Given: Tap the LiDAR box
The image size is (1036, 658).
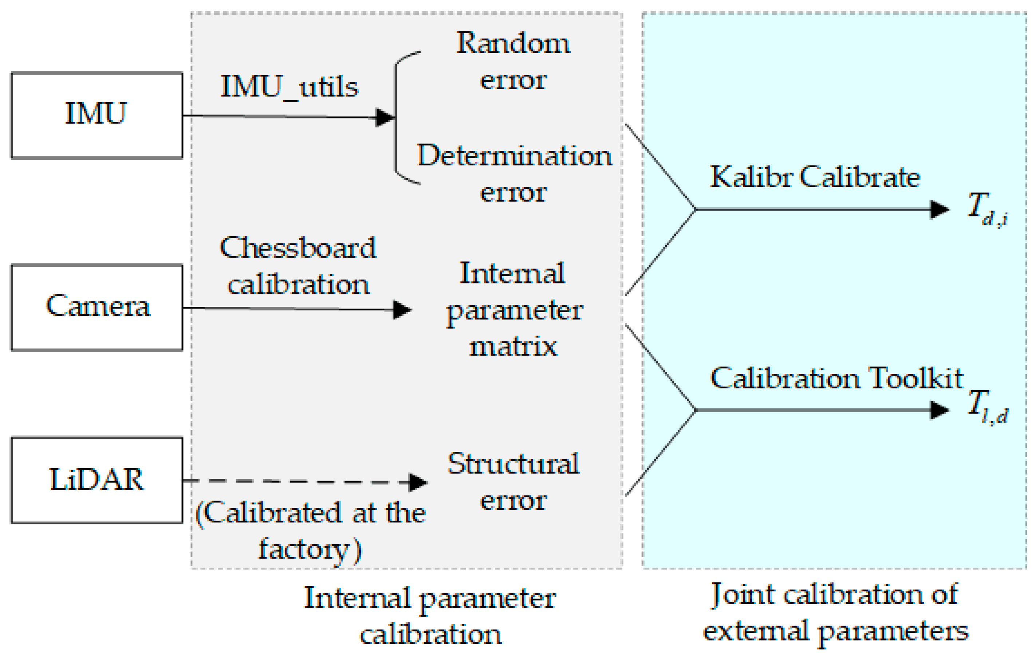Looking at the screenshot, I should (97, 480).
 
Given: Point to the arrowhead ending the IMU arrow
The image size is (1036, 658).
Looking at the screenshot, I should (385, 117).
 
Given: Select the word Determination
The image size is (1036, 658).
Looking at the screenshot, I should (514, 156).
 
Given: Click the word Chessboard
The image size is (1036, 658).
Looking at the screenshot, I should (298, 248).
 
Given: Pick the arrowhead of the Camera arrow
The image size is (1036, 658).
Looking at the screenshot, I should (402, 309).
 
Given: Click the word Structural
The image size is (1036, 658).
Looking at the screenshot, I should (513, 464).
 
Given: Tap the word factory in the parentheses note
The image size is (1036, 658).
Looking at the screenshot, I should (303, 549).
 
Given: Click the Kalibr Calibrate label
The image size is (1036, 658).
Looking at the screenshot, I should (815, 177).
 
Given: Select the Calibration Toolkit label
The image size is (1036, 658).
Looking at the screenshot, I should (836, 379).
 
